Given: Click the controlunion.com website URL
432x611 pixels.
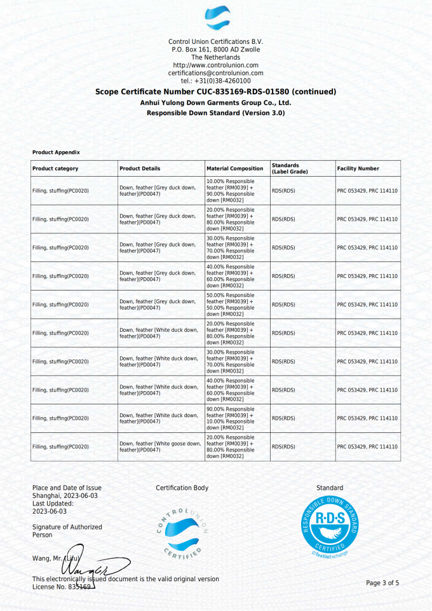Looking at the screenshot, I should [x=215, y=65].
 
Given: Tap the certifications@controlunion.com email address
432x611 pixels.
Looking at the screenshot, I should [x=215, y=73].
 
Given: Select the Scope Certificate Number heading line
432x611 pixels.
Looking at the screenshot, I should [x=215, y=92].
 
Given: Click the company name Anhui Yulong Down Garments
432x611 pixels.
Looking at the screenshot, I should [x=215, y=102].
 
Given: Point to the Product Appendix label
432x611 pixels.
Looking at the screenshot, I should [x=56, y=153].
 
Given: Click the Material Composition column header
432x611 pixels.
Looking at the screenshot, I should [x=234, y=168].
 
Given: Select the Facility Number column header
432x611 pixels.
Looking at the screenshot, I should [x=358, y=168].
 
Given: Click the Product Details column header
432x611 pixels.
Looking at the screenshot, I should [x=140, y=168].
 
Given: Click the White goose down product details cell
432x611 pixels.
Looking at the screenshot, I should [x=160, y=447].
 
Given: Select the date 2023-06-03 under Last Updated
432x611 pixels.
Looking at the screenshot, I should [x=50, y=511].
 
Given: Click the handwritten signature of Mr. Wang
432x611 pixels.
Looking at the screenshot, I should [x=92, y=563].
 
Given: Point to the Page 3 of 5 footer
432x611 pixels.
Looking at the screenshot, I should [x=382, y=583].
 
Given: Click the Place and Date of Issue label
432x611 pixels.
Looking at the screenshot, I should [x=67, y=488].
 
